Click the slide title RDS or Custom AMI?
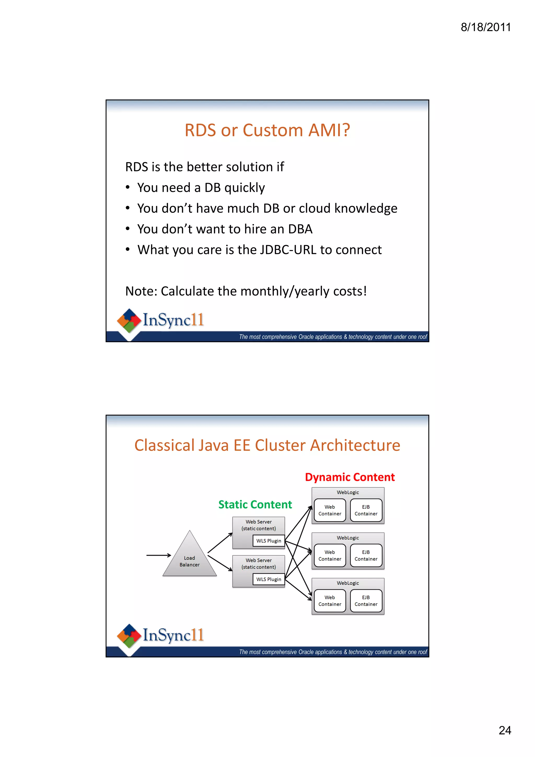[267, 130]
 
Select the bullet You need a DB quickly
[201, 188]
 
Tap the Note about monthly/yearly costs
[246, 291]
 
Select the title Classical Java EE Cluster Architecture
[267, 445]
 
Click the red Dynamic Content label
[350, 477]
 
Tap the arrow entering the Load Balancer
[158, 555]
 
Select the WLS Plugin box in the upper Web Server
[268, 541]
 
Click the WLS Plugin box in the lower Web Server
[268, 579]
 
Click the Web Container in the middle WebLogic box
[330, 555]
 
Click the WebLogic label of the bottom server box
[347, 583]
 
